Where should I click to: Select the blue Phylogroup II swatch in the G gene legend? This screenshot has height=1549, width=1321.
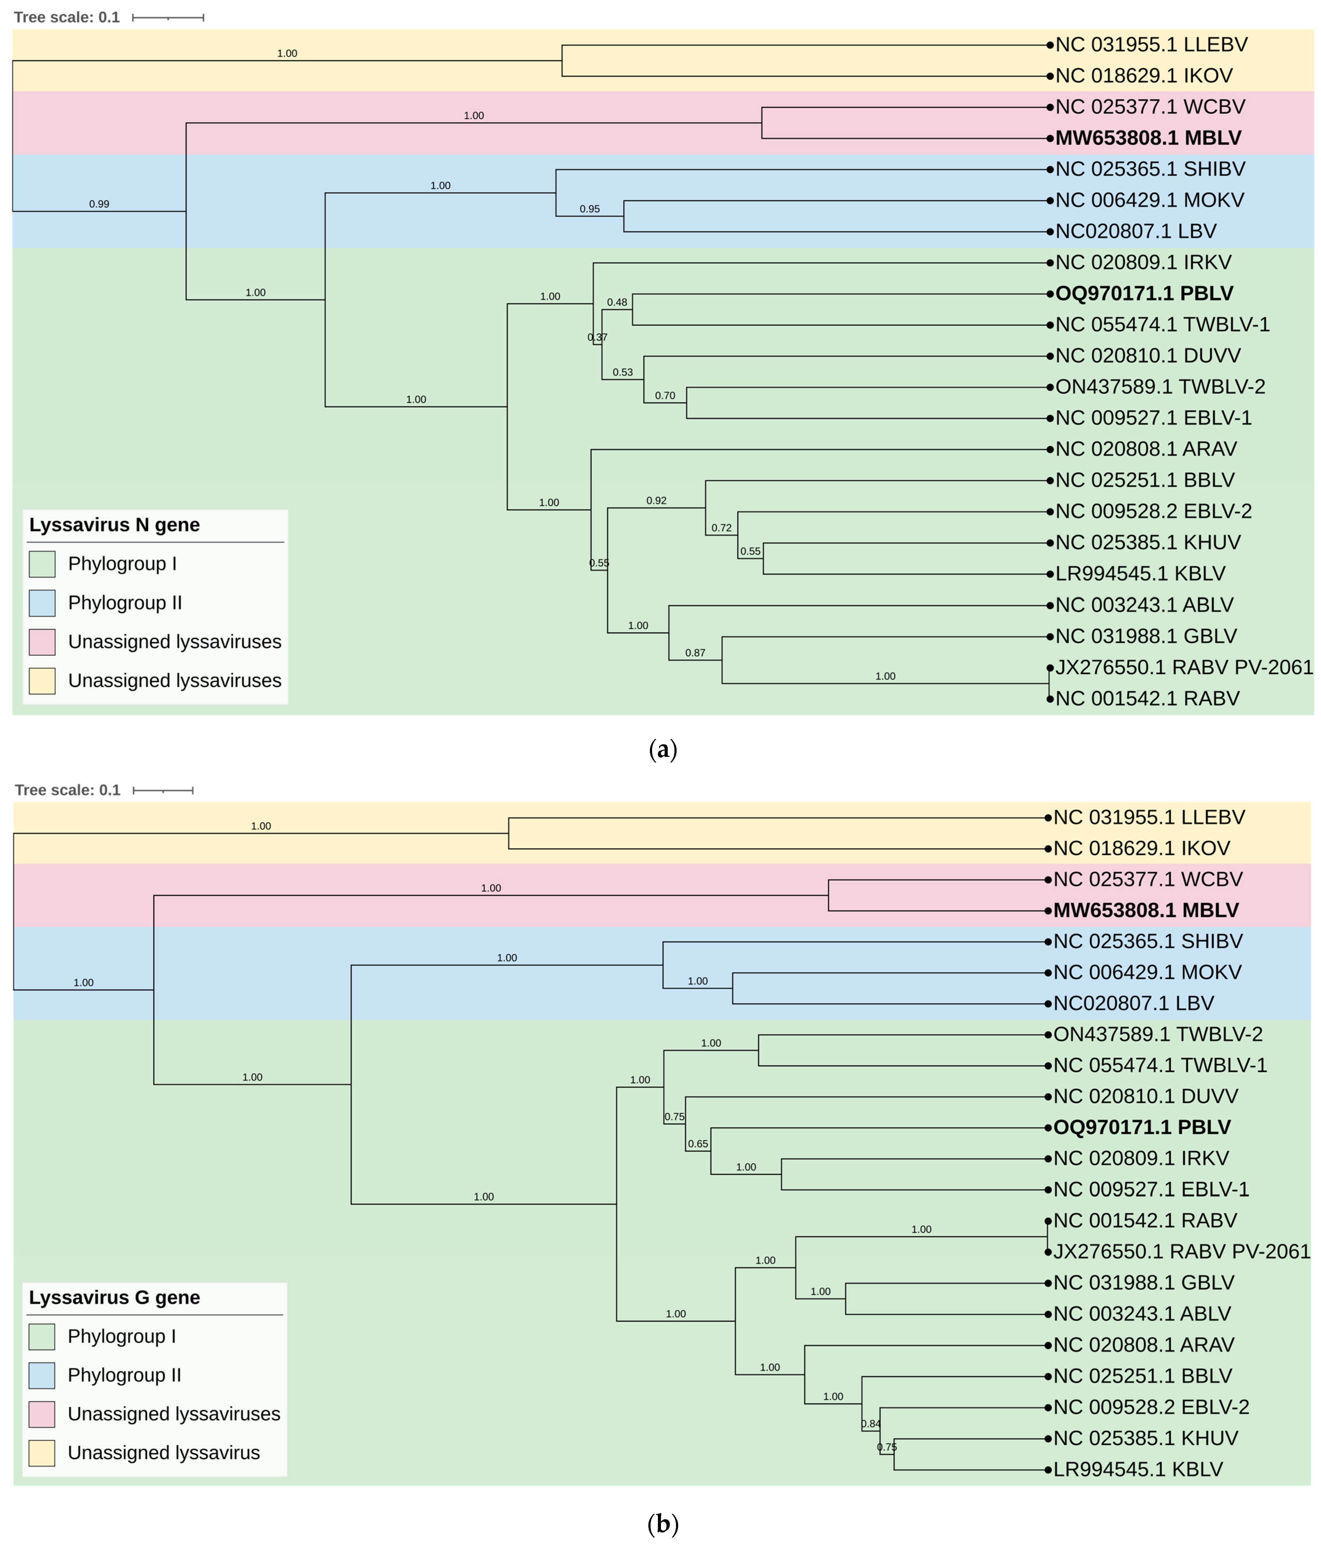[42, 1376]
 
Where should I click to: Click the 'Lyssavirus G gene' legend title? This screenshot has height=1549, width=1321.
[114, 1298]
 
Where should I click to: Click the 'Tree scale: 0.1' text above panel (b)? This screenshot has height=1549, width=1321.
[67, 790]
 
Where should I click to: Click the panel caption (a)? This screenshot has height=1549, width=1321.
[662, 749]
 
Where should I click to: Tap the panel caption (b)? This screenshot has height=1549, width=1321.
[662, 1524]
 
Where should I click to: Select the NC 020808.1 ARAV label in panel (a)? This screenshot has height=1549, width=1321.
[1145, 449]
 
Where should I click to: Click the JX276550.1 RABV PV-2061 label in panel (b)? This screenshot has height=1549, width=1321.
[1181, 1251]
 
